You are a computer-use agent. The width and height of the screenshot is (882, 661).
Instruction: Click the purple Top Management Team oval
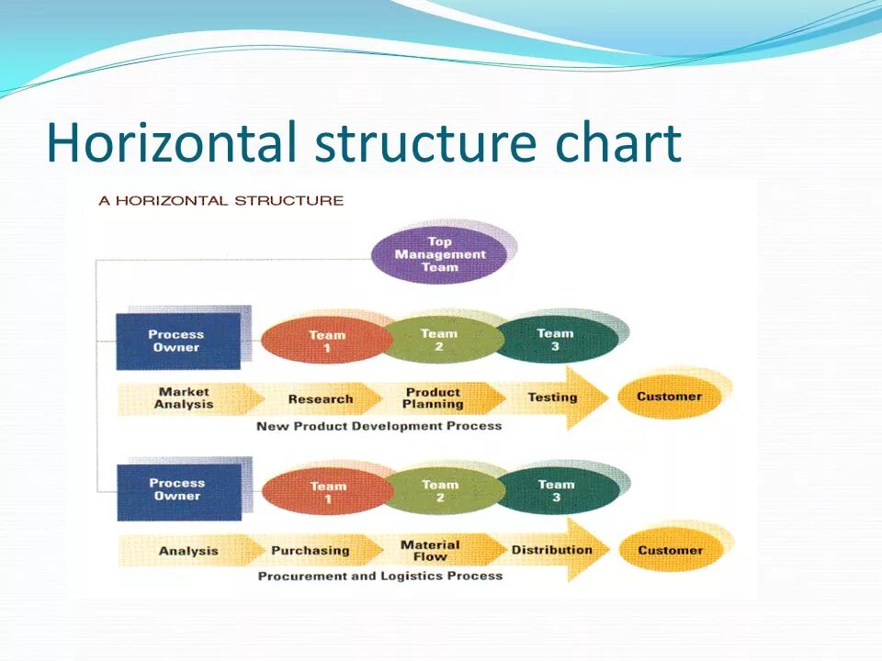click(x=439, y=254)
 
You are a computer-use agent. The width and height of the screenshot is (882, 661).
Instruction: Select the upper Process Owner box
click(x=177, y=341)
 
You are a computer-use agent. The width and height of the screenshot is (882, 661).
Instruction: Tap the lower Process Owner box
click(x=178, y=489)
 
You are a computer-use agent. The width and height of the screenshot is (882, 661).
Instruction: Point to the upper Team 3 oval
click(x=557, y=340)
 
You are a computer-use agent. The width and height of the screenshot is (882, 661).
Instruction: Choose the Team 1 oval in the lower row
click(x=328, y=492)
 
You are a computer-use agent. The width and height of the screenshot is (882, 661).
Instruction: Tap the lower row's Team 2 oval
click(x=441, y=490)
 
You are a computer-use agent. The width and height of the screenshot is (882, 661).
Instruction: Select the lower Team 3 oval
click(x=557, y=490)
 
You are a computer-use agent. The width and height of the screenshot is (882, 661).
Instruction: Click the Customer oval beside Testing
click(x=669, y=397)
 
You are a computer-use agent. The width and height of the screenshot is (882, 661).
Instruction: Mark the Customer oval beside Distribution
click(x=670, y=550)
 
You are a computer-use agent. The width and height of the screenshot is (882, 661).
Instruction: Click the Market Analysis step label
click(x=184, y=398)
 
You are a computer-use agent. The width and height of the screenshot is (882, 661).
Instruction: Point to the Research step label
click(x=321, y=399)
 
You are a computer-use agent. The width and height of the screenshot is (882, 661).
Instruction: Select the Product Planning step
click(x=433, y=398)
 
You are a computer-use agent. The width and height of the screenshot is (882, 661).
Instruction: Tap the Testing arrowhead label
click(x=552, y=398)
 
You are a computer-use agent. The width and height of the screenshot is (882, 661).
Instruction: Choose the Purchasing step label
click(x=311, y=551)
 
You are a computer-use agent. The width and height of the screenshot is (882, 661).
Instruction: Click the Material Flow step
click(x=430, y=551)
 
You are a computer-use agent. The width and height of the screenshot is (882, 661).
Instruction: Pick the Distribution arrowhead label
click(x=551, y=550)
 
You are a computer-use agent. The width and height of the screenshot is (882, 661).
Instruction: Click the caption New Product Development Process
click(x=379, y=426)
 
